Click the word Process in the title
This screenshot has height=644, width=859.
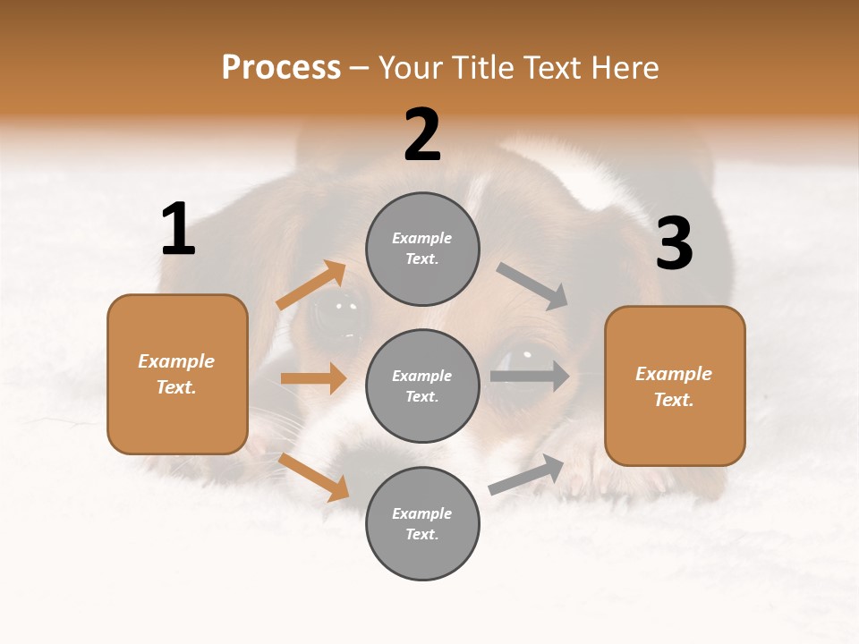pyautogui.click(x=281, y=67)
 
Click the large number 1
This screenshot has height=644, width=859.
pyautogui.click(x=178, y=230)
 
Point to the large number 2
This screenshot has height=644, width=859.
pyautogui.click(x=422, y=135)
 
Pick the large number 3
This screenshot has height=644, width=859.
pyautogui.click(x=674, y=244)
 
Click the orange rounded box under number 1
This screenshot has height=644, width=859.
pyautogui.click(x=177, y=374)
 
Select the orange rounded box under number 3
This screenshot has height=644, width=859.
pyautogui.click(x=675, y=386)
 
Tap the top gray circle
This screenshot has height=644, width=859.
pyautogui.click(x=422, y=249)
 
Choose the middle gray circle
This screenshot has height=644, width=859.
pyautogui.click(x=422, y=386)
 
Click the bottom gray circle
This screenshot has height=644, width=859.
pyautogui.click(x=422, y=523)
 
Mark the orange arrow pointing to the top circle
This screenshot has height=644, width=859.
pyautogui.click(x=310, y=285)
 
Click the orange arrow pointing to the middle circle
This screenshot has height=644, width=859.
pyautogui.click(x=313, y=378)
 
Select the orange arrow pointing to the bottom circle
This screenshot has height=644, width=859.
pyautogui.click(x=313, y=477)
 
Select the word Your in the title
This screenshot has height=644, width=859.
pyautogui.click(x=412, y=67)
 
